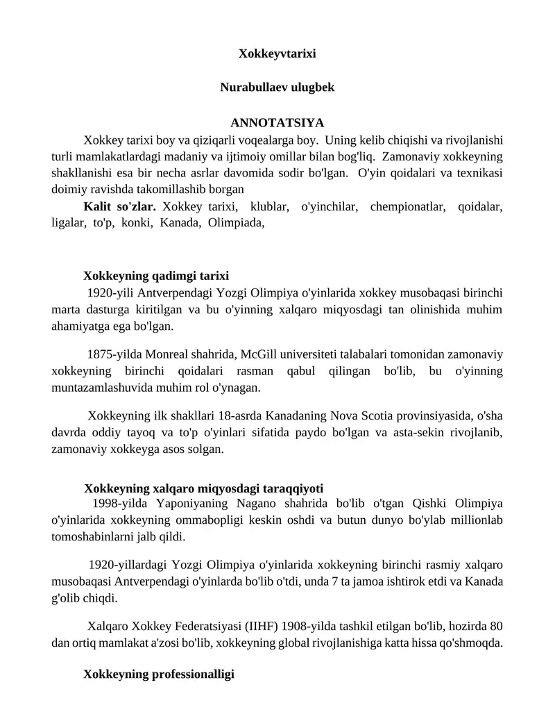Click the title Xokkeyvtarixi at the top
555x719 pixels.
(277, 53)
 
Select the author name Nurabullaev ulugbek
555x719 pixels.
(277, 88)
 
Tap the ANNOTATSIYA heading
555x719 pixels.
(277, 123)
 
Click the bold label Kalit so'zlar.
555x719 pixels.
(119, 206)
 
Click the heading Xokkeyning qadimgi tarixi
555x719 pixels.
(156, 276)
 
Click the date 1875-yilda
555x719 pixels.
(114, 354)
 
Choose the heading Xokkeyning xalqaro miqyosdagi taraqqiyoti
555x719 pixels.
(203, 488)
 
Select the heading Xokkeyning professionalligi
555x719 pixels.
(159, 674)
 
